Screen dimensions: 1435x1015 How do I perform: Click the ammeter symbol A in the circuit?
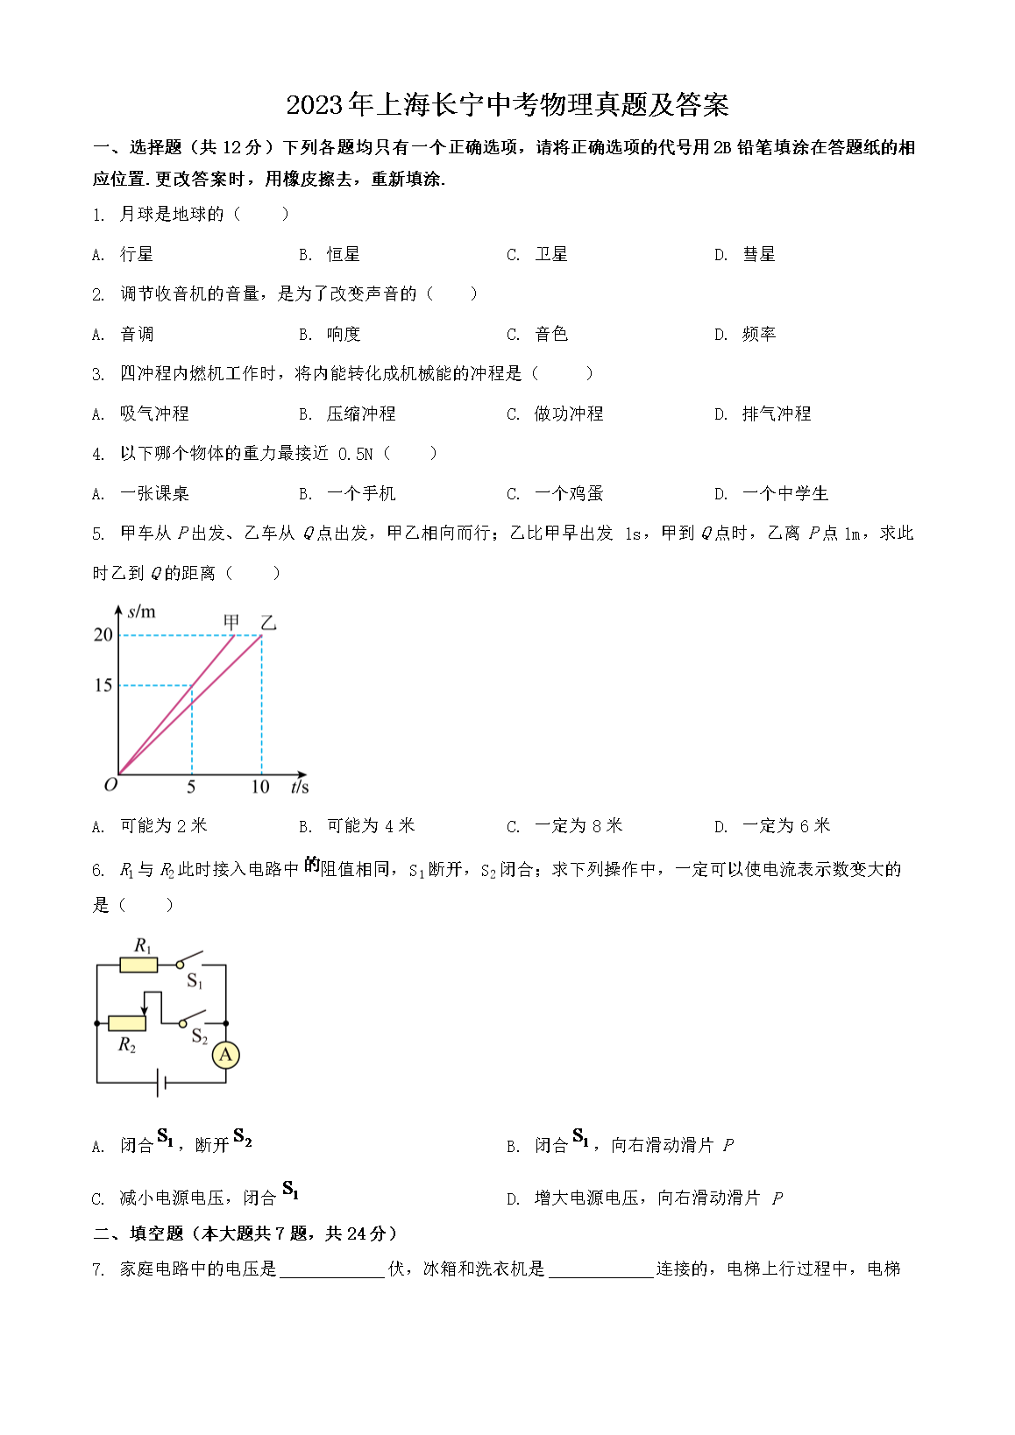(225, 1055)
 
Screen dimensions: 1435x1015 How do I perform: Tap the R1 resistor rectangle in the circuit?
(138, 965)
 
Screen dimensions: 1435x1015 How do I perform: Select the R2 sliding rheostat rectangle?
(127, 1022)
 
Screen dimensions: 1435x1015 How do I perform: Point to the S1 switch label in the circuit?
(195, 981)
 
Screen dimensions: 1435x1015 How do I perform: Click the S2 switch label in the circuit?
(200, 1037)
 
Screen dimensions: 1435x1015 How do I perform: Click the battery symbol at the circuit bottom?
(161, 1083)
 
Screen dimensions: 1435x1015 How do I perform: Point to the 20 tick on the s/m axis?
(103, 634)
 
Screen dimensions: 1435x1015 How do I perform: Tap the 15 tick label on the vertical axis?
(103, 685)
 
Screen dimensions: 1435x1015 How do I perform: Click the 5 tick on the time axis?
(191, 787)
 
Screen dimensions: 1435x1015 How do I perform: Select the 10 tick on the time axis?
(260, 787)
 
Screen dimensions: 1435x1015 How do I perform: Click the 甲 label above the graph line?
(231, 622)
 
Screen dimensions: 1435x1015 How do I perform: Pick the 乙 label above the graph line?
(268, 622)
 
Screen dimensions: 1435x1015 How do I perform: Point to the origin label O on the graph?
(110, 785)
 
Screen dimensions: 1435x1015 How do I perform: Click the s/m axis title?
(141, 611)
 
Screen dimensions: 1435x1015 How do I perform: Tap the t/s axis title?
(299, 787)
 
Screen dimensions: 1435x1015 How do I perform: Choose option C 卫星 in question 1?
(550, 254)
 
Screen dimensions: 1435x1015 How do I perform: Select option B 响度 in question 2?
(343, 334)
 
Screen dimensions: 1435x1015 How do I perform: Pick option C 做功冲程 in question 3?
(568, 414)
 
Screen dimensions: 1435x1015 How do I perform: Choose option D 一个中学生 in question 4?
(784, 493)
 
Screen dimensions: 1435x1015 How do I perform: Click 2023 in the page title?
(314, 105)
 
